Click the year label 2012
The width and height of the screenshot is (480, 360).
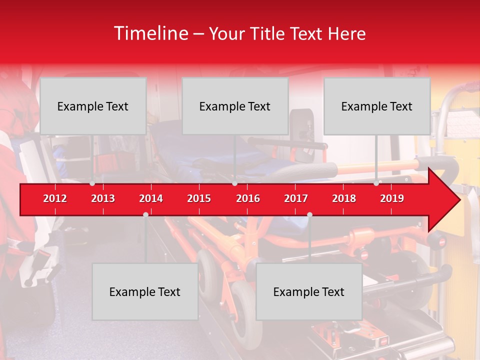55,198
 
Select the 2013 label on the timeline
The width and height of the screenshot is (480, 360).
103,198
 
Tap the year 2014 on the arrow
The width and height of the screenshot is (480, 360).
151,198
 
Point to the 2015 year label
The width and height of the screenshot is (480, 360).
199,198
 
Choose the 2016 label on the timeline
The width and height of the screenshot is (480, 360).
248,198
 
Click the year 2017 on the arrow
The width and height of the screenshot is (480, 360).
296,198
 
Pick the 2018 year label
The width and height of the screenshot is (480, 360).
344,198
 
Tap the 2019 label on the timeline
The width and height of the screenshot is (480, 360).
392,198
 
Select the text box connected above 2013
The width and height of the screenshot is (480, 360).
93,106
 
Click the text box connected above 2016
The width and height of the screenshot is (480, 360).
235,106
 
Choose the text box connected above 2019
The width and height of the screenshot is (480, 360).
377,106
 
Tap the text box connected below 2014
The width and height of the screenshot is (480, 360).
145,291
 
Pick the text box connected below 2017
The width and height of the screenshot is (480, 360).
309,291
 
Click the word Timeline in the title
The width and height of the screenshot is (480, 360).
150,33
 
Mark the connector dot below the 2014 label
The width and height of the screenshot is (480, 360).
145,214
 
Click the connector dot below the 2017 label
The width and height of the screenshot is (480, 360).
309,214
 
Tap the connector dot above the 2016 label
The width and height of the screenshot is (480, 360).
234,183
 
